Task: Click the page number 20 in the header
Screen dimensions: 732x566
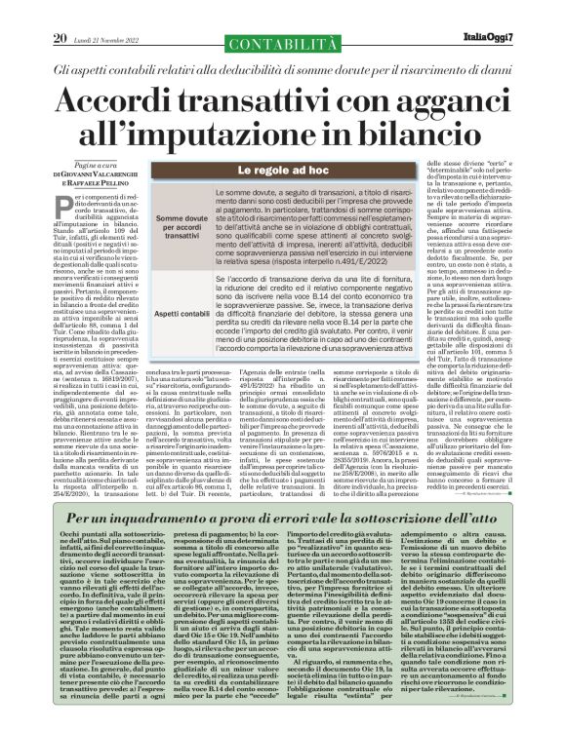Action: [x=61, y=12]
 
